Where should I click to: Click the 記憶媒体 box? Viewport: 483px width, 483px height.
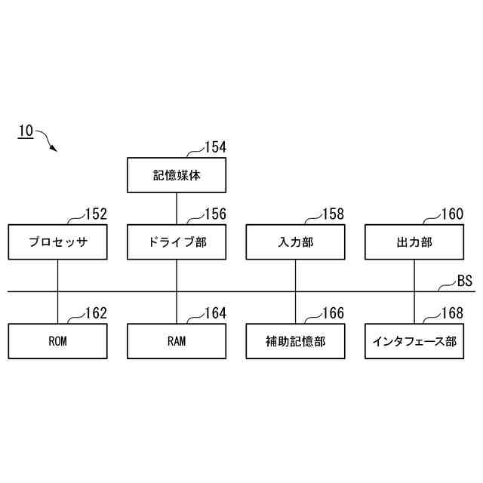point(176,174)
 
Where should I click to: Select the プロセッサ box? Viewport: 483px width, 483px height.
point(57,242)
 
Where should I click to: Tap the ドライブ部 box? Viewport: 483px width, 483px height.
point(176,242)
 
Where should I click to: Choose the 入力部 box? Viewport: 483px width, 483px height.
point(295,242)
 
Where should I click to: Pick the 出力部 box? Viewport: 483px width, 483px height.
point(414,242)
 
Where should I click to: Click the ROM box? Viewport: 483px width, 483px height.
point(57,341)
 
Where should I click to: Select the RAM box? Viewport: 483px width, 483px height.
point(176,341)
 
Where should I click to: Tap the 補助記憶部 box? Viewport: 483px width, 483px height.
point(295,341)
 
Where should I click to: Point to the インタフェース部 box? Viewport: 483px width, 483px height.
point(414,341)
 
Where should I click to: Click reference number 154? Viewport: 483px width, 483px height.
point(215,147)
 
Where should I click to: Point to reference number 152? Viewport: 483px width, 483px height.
point(96,214)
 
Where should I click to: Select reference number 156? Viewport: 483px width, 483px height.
point(215,214)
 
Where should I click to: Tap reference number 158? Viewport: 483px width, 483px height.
point(333,214)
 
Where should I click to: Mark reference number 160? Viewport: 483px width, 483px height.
point(452,214)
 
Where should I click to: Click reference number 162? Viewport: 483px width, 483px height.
point(96,313)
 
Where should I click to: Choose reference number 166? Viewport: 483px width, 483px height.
point(333,313)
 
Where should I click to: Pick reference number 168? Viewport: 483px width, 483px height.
point(452,313)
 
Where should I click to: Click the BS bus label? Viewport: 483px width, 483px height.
point(464,281)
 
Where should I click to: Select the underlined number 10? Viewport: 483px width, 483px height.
point(25,131)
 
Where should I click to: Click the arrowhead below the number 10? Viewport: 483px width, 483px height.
point(53,149)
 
